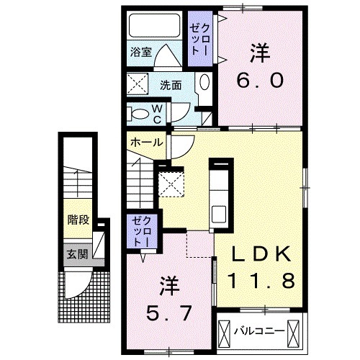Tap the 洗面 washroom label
pyautogui.click(x=171, y=84)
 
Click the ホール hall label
pyautogui.click(x=147, y=142)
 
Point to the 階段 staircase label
pyautogui.click(x=78, y=220)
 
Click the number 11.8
pyautogui.click(x=261, y=281)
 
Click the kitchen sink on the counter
pyautogui.click(x=219, y=214)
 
